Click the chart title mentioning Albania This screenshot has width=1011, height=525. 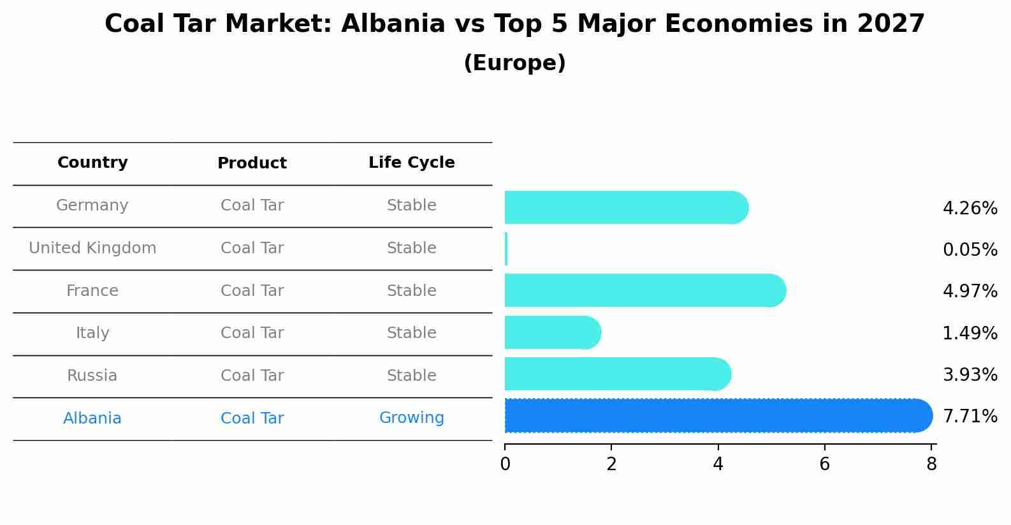514,24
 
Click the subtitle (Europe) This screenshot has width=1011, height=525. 514,63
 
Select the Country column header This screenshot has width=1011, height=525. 92,163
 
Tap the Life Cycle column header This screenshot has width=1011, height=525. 411,163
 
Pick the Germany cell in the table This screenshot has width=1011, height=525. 92,205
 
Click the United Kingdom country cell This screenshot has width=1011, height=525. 92,248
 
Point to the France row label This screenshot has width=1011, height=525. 92,291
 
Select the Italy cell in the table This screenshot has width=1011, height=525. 92,333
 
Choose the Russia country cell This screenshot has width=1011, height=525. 92,376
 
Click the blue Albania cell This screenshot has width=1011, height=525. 92,418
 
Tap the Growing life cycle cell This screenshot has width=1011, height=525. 411,418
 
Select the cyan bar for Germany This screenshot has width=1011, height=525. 625,207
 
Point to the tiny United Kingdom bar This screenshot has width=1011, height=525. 506,249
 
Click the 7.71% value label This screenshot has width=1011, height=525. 970,417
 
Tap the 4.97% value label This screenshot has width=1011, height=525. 970,292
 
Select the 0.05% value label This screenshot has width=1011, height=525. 970,250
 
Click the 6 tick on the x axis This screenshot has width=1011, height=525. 824,464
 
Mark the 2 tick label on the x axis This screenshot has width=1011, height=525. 611,464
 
